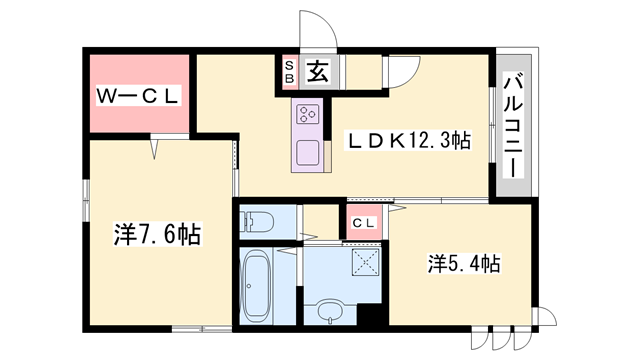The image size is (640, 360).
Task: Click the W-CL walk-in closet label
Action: (x=137, y=96)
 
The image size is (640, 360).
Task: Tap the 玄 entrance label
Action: (x=317, y=71)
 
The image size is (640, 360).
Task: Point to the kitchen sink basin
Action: (x=308, y=155)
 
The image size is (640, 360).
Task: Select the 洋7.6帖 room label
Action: (x=157, y=235)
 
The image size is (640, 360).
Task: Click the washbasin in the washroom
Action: (x=330, y=310)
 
